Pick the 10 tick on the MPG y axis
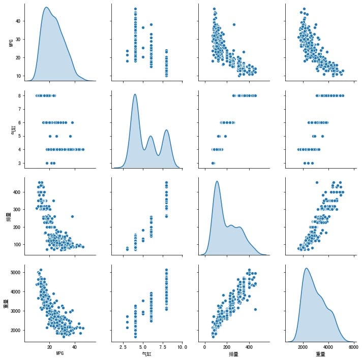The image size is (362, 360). [x=17, y=76]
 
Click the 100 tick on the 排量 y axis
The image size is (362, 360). [x=16, y=244]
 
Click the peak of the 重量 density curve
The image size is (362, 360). [x=307, y=268]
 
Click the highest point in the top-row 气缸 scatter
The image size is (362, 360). [x=135, y=9]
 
